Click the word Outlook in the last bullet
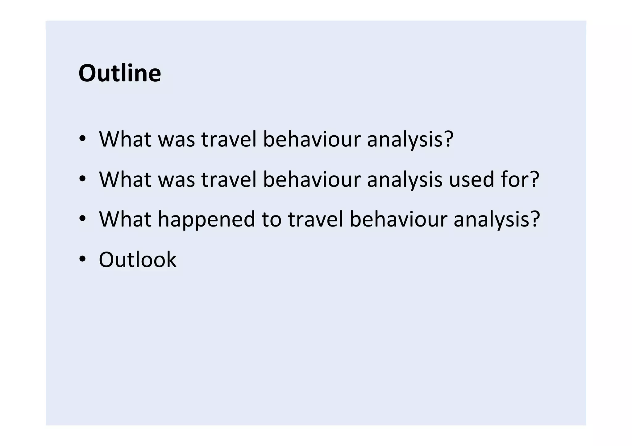pyautogui.click(x=138, y=260)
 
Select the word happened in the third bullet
pyautogui.click(x=207, y=219)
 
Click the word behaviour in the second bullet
pyautogui.click(x=312, y=179)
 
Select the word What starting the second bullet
pyautogui.click(x=125, y=179)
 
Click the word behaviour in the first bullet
pyautogui.click(x=312, y=139)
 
